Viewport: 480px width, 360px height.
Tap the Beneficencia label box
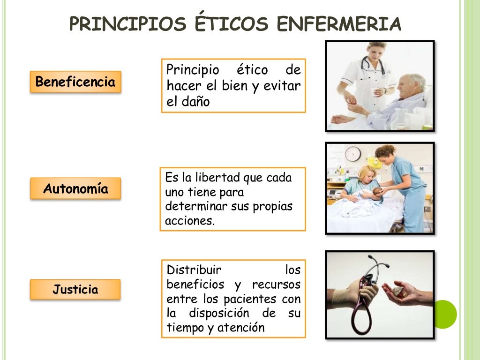point(75,82)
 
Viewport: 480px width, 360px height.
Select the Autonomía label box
point(75,189)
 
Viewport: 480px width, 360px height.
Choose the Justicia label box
point(75,289)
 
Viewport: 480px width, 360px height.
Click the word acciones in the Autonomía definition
point(189,221)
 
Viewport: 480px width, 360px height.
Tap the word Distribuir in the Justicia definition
point(194,270)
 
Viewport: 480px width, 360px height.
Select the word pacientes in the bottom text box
point(251,299)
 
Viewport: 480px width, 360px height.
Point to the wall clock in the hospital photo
point(353,154)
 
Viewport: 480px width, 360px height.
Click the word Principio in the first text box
point(193,70)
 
